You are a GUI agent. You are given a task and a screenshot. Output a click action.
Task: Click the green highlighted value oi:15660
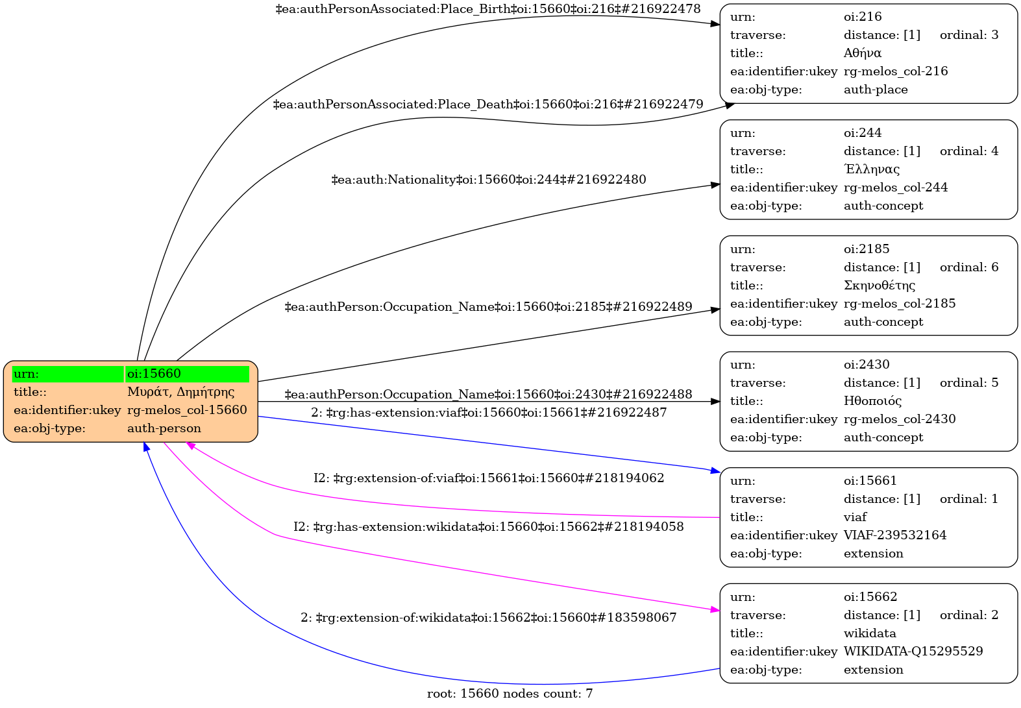[154, 374]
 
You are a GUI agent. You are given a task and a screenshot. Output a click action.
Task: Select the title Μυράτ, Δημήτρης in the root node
[180, 392]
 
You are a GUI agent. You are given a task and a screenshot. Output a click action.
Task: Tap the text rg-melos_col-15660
[187, 410]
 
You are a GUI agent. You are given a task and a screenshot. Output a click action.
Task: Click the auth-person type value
[164, 428]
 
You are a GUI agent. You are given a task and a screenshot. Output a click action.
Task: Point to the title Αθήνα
[863, 53]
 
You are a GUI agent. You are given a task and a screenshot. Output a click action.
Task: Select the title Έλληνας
[872, 169]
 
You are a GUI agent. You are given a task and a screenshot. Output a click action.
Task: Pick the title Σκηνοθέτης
[880, 286]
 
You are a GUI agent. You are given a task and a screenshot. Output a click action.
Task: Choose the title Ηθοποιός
[873, 401]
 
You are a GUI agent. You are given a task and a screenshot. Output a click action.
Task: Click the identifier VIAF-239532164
[895, 535]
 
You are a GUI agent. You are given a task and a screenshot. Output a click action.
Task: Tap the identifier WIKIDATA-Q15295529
[913, 652]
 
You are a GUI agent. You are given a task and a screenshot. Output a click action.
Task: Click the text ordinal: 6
[969, 267]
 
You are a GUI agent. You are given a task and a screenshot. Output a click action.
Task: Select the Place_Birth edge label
[488, 9]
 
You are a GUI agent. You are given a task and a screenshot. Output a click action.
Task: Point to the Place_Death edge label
[488, 104]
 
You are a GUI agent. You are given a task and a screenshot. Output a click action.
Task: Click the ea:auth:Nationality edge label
[488, 180]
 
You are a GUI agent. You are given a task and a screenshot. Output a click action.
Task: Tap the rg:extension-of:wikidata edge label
[488, 618]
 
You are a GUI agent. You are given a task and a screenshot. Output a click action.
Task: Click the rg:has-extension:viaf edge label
[488, 413]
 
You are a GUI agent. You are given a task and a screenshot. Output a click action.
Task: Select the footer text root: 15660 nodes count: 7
[510, 694]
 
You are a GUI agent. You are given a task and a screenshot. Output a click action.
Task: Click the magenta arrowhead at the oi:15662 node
[715, 610]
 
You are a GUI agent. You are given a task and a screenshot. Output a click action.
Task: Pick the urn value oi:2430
[867, 365]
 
